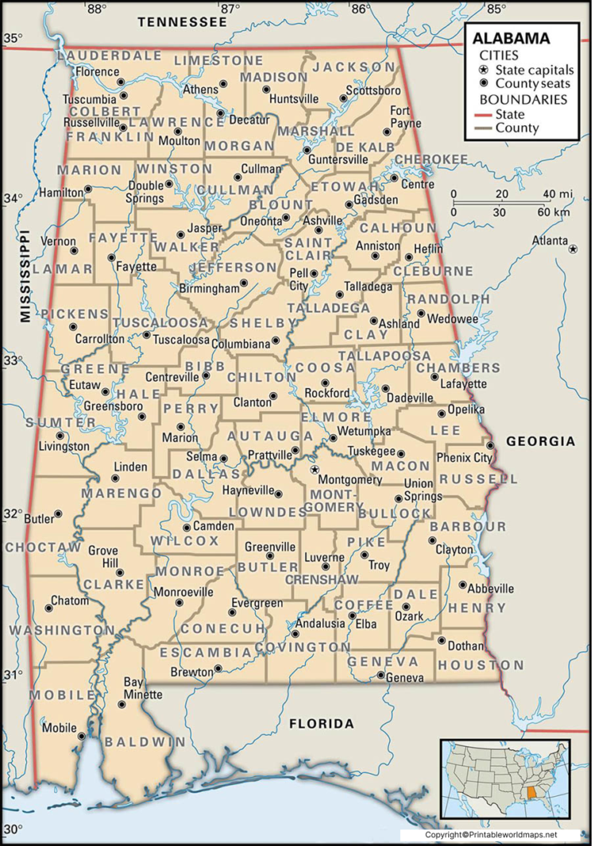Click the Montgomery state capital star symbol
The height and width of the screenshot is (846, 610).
coord(315,470)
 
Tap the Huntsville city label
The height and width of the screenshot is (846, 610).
coord(294,99)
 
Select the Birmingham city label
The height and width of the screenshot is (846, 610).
coord(208,289)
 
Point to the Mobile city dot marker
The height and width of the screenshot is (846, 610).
coord(82,736)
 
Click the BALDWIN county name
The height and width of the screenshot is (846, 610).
coord(145,741)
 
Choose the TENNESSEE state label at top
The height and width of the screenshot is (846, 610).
coord(182,21)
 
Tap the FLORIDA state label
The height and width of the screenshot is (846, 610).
coord(321,724)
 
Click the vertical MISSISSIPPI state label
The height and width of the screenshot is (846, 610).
coord(25,276)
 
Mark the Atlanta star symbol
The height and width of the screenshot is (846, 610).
coord(573,249)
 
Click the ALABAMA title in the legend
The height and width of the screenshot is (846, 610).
coord(511,38)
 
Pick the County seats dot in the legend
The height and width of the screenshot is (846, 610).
coord(484,83)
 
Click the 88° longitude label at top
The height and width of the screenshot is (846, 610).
coord(97,9)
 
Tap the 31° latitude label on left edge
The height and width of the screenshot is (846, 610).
coord(11,675)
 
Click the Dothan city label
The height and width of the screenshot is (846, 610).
coord(465,646)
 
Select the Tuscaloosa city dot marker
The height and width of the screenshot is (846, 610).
coord(146,335)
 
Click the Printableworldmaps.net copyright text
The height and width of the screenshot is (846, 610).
coord(491,835)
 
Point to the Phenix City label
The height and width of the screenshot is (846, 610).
coord(465,458)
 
